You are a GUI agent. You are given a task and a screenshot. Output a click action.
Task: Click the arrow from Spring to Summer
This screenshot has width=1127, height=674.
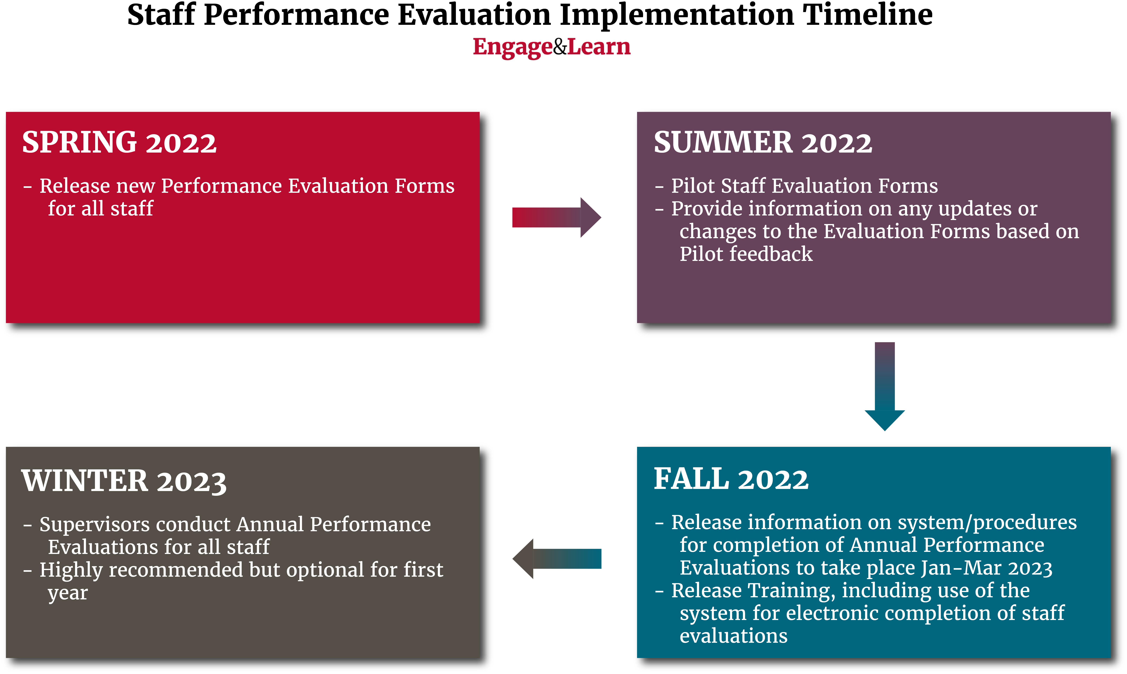point(556,218)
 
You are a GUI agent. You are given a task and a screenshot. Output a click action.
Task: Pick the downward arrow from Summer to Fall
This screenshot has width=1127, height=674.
point(885,387)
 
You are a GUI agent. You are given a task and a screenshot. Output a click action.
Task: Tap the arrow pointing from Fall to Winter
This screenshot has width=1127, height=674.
point(556,559)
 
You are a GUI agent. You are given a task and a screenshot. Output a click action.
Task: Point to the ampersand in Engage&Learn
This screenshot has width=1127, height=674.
point(560,47)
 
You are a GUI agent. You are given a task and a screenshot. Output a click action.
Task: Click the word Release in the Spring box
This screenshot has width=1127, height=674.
point(75,186)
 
